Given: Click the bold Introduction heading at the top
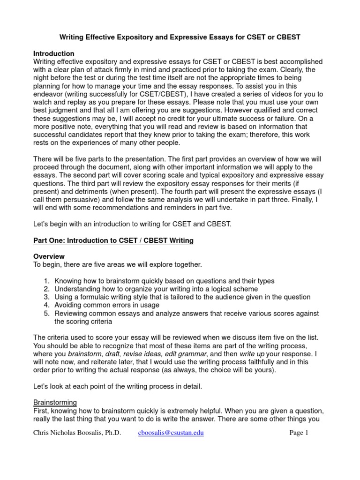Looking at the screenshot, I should pos(54,54).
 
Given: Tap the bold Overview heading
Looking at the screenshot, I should pos(49,256).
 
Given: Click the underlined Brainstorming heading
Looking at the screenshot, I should pos(55,402).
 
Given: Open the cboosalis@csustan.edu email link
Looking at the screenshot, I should pos(171,433).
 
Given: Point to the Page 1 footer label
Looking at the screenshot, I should pos(299,433).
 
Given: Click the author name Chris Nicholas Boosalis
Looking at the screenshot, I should pos(77,433).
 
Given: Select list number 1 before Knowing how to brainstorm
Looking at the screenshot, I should pos(47,281).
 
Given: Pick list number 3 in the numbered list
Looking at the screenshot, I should pos(47,297).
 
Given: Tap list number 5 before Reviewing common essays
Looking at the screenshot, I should pos(47,313).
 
